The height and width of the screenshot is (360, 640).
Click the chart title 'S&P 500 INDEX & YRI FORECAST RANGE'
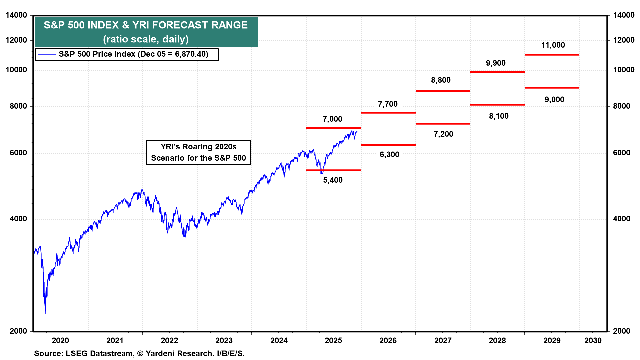(146, 25)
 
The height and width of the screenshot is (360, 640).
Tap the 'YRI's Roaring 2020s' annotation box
(198, 152)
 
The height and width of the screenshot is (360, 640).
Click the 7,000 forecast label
(332, 119)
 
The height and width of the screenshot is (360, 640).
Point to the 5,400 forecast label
(333, 180)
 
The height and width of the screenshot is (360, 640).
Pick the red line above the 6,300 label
(388, 145)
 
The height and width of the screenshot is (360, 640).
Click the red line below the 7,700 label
(388, 113)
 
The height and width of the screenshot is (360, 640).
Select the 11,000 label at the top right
(553, 45)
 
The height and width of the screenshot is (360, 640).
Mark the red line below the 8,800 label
(443, 91)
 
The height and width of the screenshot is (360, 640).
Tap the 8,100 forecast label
(499, 116)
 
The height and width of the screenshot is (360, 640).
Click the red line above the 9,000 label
(552, 88)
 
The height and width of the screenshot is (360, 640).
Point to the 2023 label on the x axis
(224, 340)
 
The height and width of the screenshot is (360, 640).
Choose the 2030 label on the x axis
(593, 340)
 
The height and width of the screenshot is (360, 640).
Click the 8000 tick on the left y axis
(18, 106)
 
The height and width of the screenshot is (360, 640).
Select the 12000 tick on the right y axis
(624, 40)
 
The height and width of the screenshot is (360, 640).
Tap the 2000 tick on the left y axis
(18, 331)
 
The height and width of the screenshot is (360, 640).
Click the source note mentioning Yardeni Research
(139, 353)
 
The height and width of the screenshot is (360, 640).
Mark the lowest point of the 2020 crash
(45, 313)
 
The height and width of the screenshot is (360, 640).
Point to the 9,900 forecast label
(496, 63)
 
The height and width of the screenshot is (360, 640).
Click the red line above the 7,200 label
(443, 124)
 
